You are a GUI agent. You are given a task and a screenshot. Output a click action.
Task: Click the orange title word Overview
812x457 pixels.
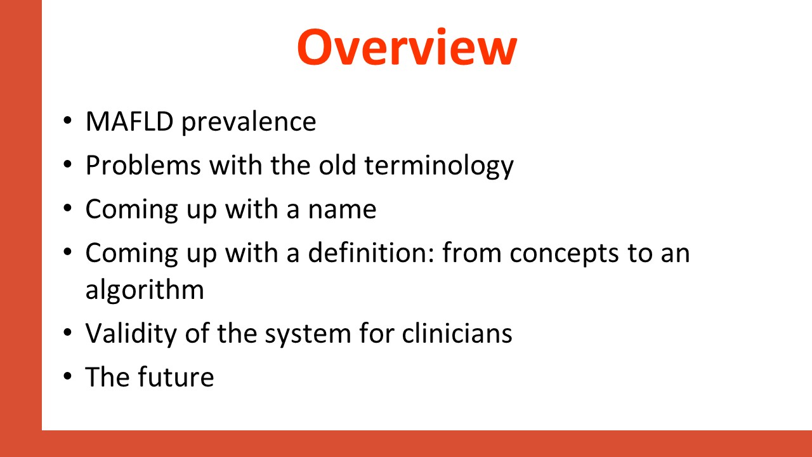pyautogui.click(x=407, y=47)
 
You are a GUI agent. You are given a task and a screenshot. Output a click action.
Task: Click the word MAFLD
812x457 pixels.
pyautogui.click(x=129, y=121)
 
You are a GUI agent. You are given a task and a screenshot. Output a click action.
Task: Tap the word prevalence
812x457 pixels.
pyautogui.click(x=249, y=123)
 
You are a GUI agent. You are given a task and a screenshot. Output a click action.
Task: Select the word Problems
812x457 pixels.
pyautogui.click(x=143, y=166)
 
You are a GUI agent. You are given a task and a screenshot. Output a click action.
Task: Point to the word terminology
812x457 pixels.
pyautogui.click(x=439, y=166)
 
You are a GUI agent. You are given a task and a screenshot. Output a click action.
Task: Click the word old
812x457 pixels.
pyautogui.click(x=337, y=165)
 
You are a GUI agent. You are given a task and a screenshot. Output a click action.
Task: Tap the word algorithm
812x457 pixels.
pyautogui.click(x=145, y=291)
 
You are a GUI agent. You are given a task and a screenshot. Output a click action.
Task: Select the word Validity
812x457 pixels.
pyautogui.click(x=131, y=333)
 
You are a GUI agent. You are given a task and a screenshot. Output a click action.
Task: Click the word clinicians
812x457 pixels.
pyautogui.click(x=457, y=333)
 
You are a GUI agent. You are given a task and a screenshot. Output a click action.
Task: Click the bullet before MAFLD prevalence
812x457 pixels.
pyautogui.click(x=67, y=121)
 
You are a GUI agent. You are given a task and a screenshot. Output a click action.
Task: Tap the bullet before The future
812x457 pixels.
pyautogui.click(x=67, y=376)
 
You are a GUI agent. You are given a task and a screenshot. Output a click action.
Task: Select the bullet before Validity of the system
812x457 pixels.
pyautogui.click(x=67, y=332)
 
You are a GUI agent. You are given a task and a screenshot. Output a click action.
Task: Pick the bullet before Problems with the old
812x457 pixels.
pyautogui.click(x=67, y=164)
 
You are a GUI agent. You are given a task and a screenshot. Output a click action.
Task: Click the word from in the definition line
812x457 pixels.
pyautogui.click(x=472, y=253)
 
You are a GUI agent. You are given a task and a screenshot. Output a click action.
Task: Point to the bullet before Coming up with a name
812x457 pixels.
pyautogui.click(x=67, y=208)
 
